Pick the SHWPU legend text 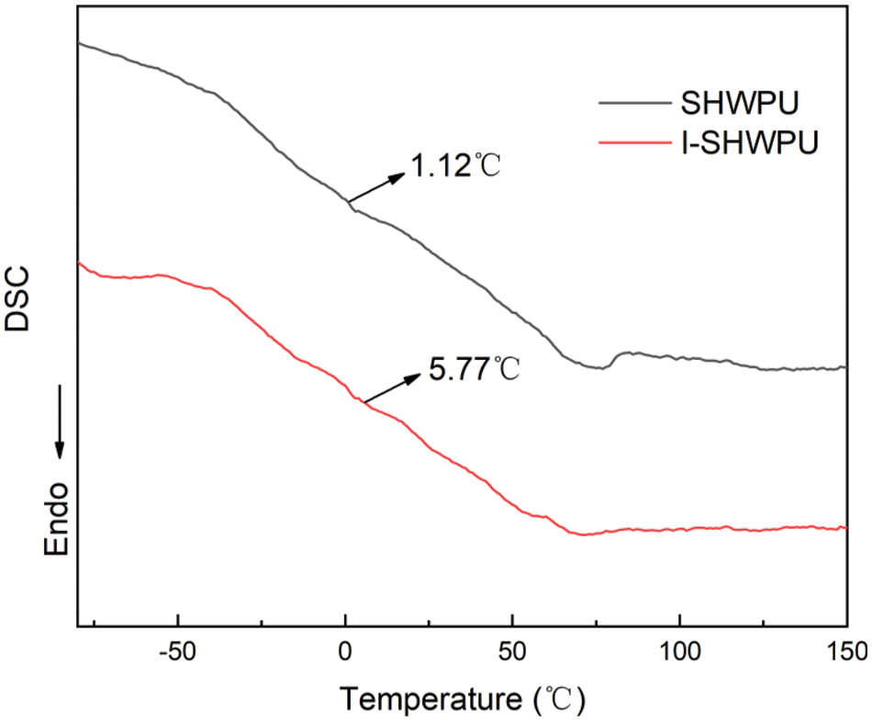pos(733,101)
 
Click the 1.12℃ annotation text pos(456,168)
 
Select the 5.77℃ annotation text pos(475,371)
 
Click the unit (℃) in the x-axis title pos(558,700)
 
